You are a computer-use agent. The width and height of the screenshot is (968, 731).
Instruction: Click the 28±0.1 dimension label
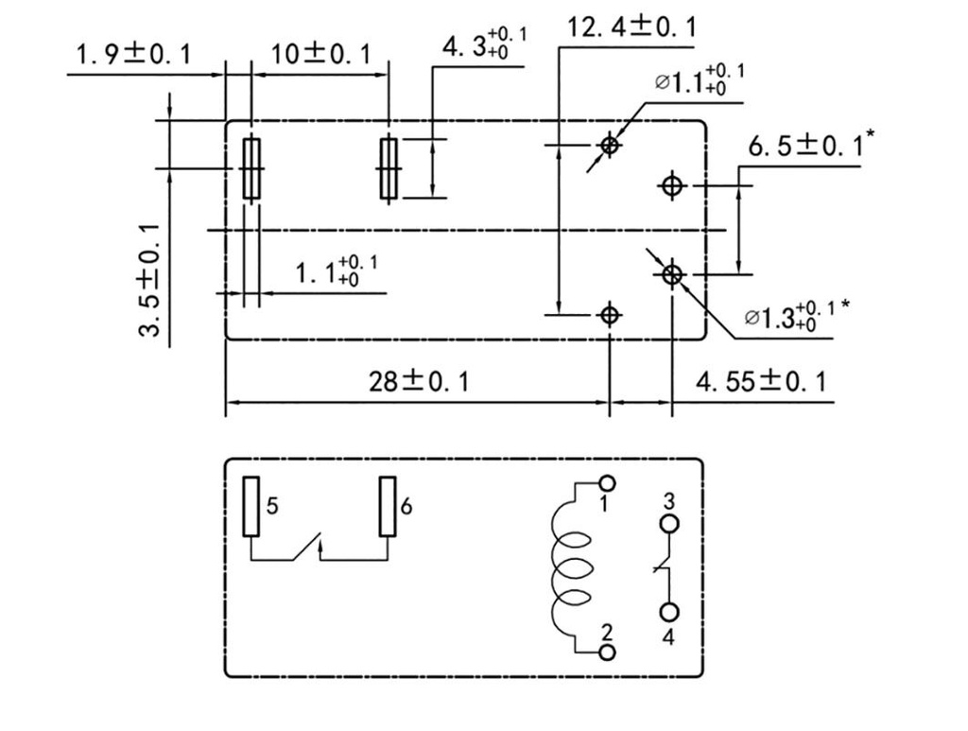point(418,381)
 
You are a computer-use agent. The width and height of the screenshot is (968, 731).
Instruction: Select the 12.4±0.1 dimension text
point(631,26)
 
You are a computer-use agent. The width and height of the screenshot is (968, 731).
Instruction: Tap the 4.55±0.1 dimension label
point(760,381)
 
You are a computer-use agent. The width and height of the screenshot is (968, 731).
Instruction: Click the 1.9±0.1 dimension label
point(132,54)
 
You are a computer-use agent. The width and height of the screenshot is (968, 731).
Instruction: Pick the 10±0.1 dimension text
point(320,54)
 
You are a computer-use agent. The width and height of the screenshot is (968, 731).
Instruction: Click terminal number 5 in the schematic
point(272,506)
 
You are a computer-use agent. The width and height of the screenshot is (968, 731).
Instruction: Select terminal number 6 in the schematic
point(406,506)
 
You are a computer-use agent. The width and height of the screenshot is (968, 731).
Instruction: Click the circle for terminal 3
point(669,524)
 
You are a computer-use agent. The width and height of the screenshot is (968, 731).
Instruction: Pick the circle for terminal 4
point(669,613)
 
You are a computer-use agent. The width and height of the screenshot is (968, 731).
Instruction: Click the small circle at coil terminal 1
point(608,483)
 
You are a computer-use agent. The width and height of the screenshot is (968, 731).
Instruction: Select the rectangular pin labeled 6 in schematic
point(387,507)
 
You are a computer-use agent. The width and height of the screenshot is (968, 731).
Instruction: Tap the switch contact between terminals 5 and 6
point(307,549)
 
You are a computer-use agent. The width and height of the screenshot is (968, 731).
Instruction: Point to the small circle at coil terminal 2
point(608,652)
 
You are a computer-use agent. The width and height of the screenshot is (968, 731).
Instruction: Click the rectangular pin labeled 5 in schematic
point(251,507)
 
